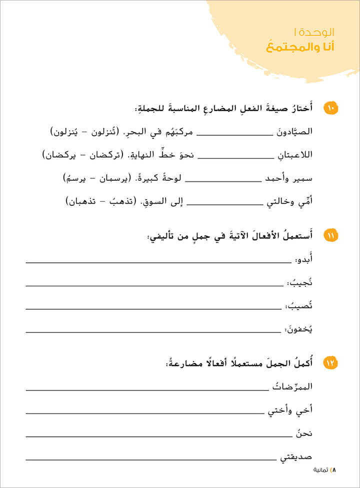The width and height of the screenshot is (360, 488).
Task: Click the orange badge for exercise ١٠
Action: (x=330, y=107)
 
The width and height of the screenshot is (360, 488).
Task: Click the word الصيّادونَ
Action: (x=294, y=131)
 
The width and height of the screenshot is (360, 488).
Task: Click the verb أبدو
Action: (x=304, y=261)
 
